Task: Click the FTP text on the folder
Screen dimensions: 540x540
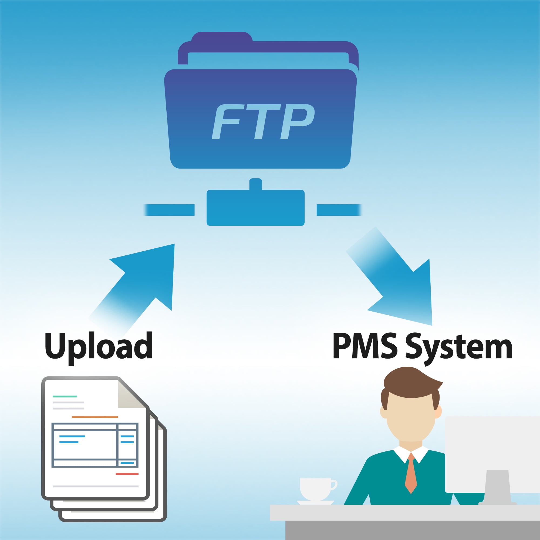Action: click(263, 121)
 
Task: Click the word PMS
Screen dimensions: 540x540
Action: click(365, 346)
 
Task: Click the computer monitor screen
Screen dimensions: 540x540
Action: click(492, 454)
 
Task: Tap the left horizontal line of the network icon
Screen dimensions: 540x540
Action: click(169, 210)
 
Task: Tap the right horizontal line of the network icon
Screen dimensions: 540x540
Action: click(339, 210)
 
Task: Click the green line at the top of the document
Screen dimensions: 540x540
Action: click(65, 396)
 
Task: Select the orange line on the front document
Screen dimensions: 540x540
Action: click(95, 417)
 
